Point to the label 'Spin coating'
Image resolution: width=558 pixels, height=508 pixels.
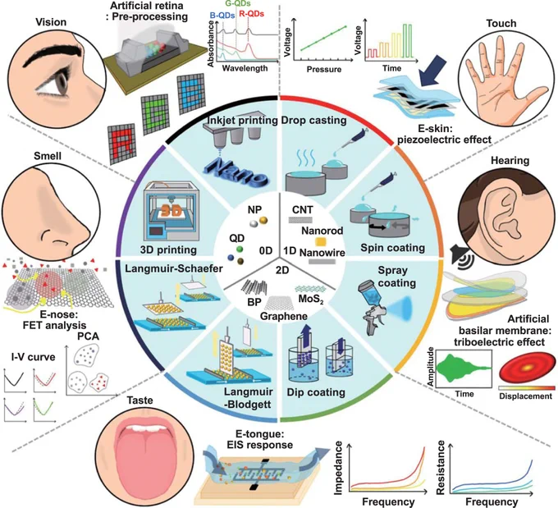click(x=392, y=248)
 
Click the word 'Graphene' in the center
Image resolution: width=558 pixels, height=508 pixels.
click(x=284, y=316)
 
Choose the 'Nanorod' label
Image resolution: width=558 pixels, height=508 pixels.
click(x=322, y=231)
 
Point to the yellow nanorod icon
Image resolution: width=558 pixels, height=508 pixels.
click(x=322, y=242)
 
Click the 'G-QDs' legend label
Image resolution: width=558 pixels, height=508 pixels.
click(x=238, y=4)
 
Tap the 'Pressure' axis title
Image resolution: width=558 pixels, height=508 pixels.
click(x=324, y=70)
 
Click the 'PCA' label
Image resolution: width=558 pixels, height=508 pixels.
click(x=89, y=336)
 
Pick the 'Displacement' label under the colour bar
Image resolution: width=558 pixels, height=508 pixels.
click(x=525, y=396)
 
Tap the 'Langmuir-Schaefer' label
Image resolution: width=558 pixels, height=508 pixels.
click(x=174, y=268)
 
